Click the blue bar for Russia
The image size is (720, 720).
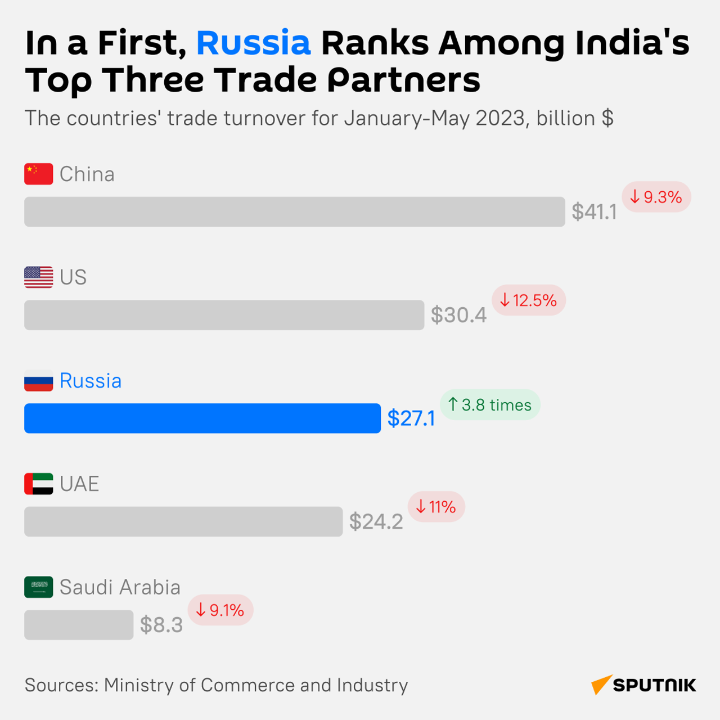(x=202, y=418)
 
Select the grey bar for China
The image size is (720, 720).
(x=294, y=211)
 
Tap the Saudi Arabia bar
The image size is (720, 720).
(x=79, y=624)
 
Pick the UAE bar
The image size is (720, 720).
(x=183, y=521)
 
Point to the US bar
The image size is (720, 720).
(x=224, y=315)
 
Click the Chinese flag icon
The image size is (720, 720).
(x=38, y=174)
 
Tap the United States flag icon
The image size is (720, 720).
(x=38, y=277)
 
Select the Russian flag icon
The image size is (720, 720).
(x=38, y=381)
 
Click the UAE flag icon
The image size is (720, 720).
(x=38, y=484)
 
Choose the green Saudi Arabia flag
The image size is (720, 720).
(x=38, y=587)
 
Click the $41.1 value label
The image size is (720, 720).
(x=594, y=212)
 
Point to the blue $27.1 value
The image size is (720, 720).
(x=411, y=418)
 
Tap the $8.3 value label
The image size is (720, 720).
(x=161, y=625)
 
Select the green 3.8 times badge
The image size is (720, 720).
(x=490, y=404)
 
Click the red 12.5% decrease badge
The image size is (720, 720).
(x=529, y=300)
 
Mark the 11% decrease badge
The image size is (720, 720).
(x=436, y=507)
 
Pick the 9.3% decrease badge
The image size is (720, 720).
(x=656, y=197)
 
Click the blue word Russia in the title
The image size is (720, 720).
(x=253, y=43)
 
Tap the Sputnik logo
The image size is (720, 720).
(x=643, y=685)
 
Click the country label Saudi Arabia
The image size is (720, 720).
(x=120, y=587)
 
